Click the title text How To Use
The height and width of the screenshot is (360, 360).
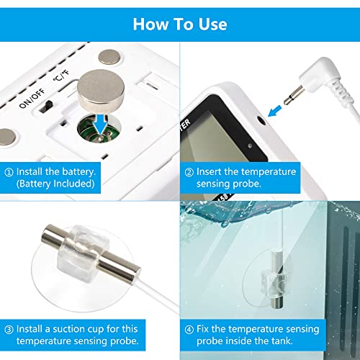180,23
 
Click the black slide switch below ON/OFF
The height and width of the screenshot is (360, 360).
47,106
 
